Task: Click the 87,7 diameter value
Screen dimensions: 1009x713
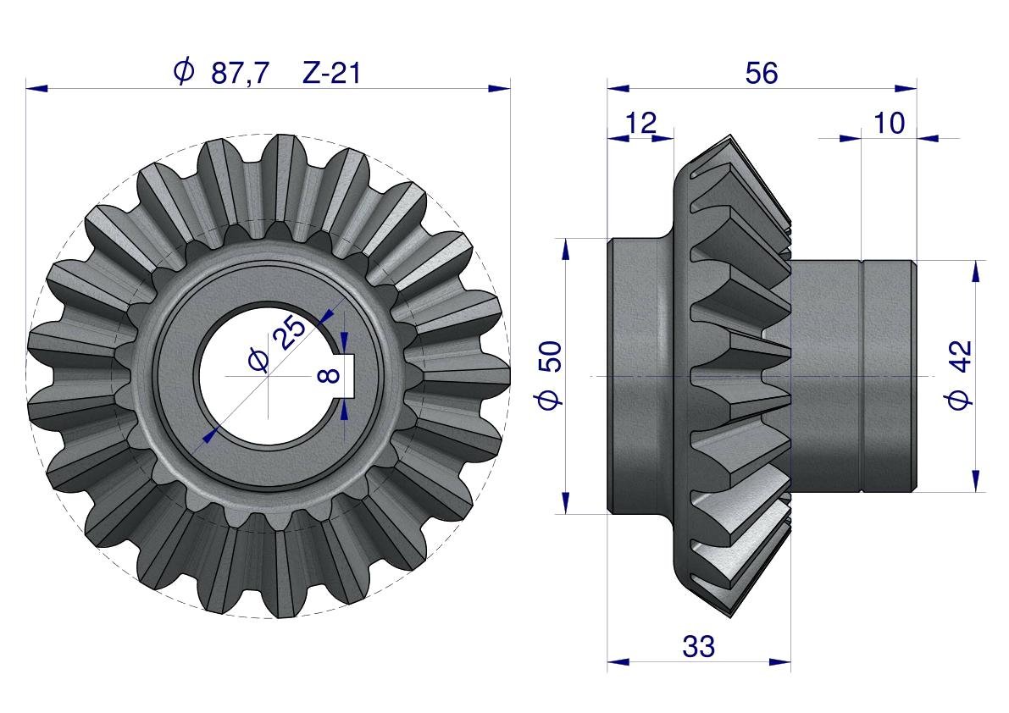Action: point(240,73)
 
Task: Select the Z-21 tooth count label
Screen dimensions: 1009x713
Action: point(331,73)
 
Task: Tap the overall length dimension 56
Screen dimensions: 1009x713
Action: point(762,73)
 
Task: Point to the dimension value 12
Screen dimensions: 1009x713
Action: point(641,122)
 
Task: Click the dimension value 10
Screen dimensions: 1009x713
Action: point(890,122)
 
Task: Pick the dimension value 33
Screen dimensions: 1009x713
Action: point(698,646)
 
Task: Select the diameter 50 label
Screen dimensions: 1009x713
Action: point(550,375)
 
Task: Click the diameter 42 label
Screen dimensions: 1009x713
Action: point(960,375)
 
